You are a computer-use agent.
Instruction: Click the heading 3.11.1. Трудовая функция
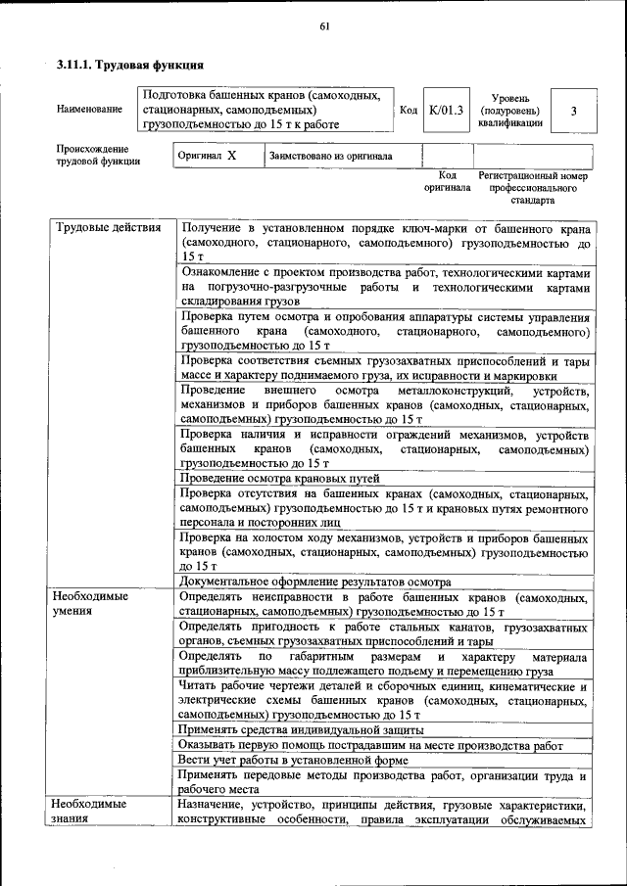[x=129, y=65]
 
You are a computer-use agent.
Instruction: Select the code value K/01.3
[x=446, y=111]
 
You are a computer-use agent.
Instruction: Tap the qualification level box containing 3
[x=573, y=111]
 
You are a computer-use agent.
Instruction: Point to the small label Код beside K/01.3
[x=409, y=111]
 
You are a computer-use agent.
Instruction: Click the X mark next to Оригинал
[x=231, y=156]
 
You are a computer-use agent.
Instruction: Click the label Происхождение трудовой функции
[x=98, y=155]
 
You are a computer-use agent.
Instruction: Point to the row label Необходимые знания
[x=91, y=812]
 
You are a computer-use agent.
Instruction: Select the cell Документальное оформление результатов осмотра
[x=314, y=582]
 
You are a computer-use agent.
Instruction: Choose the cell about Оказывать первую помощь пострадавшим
[x=370, y=745]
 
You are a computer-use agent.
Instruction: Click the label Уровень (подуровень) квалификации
[x=510, y=111]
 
